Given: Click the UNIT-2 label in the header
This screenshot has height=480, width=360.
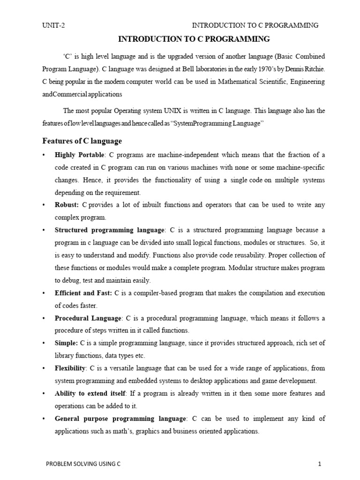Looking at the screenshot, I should tap(53, 25).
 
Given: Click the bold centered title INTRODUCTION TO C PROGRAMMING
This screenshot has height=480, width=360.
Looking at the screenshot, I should tap(194, 38).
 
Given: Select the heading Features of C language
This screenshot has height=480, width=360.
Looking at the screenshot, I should tap(82, 141).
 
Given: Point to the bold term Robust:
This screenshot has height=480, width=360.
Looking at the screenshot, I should tap(67, 205).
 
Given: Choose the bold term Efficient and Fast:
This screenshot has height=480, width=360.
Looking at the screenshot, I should tap(83, 293).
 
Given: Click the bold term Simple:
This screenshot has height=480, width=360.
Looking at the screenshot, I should tap(67, 343).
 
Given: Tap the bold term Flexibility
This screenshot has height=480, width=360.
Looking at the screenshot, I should tap(70, 368).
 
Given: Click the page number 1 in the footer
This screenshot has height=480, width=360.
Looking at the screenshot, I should tap(319, 464).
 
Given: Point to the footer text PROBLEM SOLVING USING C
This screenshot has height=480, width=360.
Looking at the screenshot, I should tap(83, 464).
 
